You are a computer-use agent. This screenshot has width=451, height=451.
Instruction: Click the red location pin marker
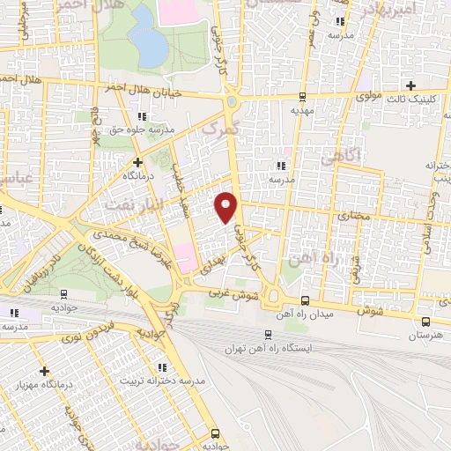click(x=227, y=207)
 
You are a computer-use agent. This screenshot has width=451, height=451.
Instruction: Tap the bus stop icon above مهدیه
click(x=303, y=97)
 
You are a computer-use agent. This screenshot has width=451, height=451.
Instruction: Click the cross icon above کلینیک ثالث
click(x=410, y=85)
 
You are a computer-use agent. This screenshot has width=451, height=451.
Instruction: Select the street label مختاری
click(x=354, y=215)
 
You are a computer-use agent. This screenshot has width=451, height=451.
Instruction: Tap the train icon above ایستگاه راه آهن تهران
click(x=269, y=334)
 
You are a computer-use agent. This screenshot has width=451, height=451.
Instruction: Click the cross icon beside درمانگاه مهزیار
click(x=44, y=371)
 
